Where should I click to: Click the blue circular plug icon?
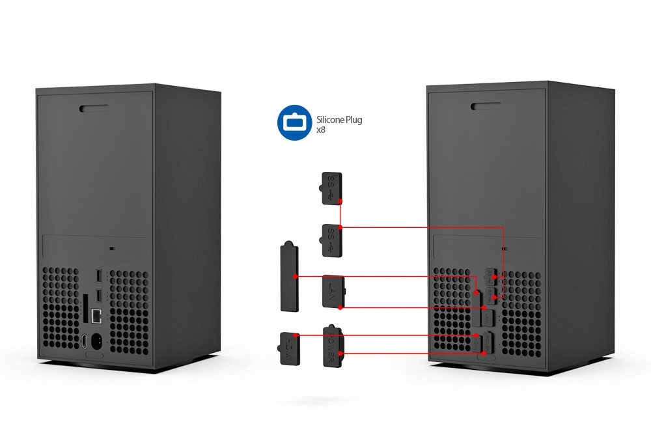pos(294,122)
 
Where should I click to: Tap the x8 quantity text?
pos(321,130)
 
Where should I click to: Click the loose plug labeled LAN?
pos(333,291)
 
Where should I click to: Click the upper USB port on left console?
pos(98,276)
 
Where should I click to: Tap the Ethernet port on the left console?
pos(96,317)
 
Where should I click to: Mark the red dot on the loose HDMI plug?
pos(297,335)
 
